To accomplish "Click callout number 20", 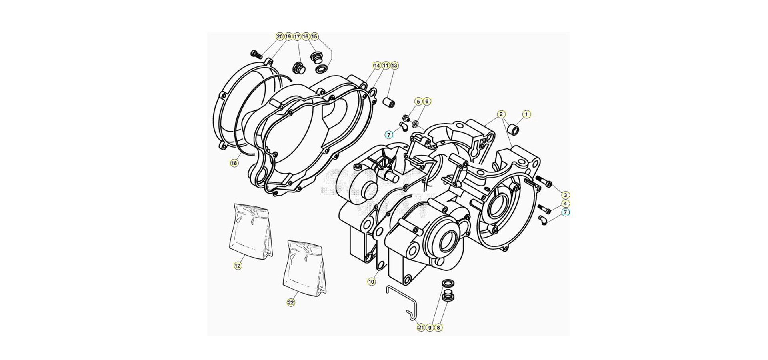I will [280, 36].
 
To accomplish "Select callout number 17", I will [297, 36].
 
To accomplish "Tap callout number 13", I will [394, 65].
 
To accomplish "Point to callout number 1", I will [526, 114].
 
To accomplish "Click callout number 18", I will [234, 163].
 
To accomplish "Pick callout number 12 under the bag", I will [238, 266].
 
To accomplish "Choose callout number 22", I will [291, 302].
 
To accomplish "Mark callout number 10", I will [372, 282].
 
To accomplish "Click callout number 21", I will [421, 328].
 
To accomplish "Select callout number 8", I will [438, 328].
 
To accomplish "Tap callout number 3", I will [565, 195].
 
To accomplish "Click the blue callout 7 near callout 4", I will [565, 212].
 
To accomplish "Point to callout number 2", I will [501, 114].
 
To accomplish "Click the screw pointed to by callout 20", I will [256, 54].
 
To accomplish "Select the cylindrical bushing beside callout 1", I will [513, 129].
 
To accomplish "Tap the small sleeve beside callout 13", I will [389, 102].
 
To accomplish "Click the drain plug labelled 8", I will [446, 298].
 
